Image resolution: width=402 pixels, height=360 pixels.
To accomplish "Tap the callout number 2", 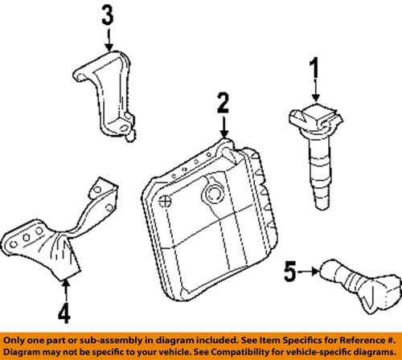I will point(223,103).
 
